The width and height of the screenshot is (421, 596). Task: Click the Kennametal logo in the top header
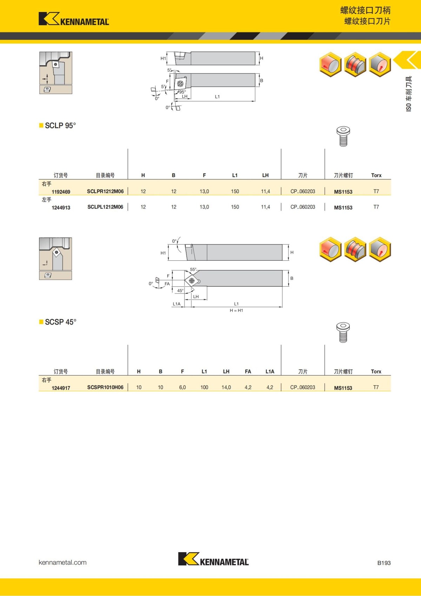pos(74,19)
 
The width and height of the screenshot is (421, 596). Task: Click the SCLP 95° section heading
pos(60,126)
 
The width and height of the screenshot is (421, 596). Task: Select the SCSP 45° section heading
pos(60,322)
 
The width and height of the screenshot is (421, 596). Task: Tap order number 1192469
pos(61,192)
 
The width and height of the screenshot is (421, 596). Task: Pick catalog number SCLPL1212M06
pos(105,207)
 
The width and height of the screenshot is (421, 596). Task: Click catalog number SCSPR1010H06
pos(105,388)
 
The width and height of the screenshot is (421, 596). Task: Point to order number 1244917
pos(61,388)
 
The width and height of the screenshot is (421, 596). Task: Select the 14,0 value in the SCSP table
pos(226,388)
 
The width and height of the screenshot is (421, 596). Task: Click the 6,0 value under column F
pos(182,388)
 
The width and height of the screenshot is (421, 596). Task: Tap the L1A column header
pos(270,371)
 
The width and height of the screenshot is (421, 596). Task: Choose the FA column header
pos(248,371)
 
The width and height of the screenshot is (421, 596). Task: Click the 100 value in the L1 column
pos(204,388)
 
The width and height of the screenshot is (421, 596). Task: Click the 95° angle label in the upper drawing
pos(182,92)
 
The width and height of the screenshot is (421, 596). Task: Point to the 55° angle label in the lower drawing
pos(193,270)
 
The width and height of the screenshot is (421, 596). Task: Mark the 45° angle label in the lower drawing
pos(180,291)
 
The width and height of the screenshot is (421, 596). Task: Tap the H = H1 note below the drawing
pos(236,310)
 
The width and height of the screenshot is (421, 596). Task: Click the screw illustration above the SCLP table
pos(343,136)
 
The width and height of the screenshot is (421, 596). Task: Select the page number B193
pos(384,563)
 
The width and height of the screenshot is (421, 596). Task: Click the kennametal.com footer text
pos(62,562)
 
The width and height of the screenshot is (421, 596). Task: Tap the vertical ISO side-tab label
pos(409,94)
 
